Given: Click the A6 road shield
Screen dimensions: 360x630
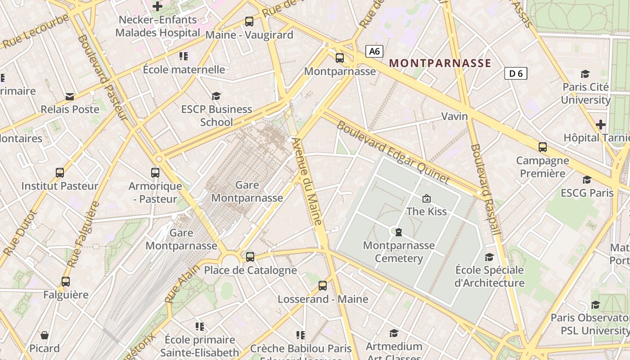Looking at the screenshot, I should (x=374, y=51).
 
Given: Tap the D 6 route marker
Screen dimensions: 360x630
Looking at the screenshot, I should (x=516, y=73).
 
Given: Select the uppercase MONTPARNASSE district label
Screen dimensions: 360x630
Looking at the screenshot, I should (x=440, y=63).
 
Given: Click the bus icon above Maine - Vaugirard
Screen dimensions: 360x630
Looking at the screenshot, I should (x=249, y=21).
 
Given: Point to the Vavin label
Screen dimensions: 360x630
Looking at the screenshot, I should (x=454, y=117).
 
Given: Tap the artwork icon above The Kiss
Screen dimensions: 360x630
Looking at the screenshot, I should (x=426, y=198).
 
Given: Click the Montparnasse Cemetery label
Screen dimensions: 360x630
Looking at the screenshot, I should (x=399, y=252).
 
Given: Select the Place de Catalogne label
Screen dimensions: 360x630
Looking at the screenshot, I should (x=250, y=270).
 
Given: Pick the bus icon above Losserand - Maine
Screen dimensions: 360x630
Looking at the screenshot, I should (x=322, y=285).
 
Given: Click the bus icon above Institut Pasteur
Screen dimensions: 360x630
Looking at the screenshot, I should (x=59, y=172).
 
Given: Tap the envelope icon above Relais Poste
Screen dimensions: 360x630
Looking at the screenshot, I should (x=70, y=96).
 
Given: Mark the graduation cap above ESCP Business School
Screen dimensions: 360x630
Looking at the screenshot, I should (x=216, y=96).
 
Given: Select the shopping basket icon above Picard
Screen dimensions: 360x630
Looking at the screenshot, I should (x=45, y=335).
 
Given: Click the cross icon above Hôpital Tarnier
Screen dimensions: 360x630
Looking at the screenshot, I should (x=600, y=124).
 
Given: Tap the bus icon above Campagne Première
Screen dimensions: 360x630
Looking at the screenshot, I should (x=543, y=147).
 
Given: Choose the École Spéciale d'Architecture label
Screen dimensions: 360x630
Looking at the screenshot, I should (x=489, y=276).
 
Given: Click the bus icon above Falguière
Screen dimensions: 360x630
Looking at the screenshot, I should (x=66, y=282).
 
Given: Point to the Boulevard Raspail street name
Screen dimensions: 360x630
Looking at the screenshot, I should (x=485, y=189).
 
